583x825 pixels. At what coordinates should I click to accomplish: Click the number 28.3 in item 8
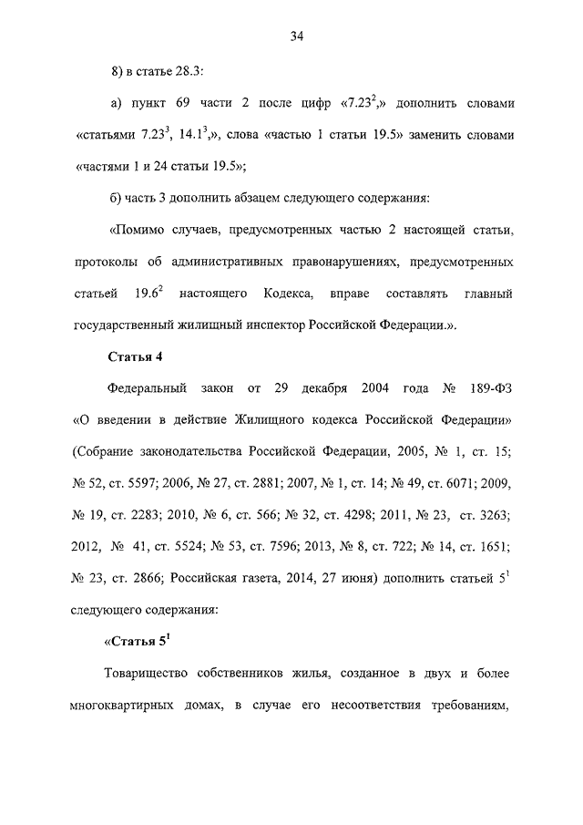pyautogui.click(x=201, y=71)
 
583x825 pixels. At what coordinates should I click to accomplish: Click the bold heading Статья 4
pyautogui.click(x=135, y=356)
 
